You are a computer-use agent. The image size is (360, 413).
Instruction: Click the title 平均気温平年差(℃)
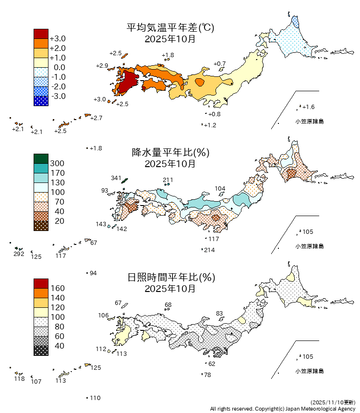tap(170, 28)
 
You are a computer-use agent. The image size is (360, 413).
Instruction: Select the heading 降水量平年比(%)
tap(170, 153)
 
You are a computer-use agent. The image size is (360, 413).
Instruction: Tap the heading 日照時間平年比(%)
tap(170, 277)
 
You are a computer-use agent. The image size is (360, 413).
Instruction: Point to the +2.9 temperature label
tap(102, 65)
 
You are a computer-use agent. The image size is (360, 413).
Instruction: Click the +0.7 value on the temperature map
tap(219, 64)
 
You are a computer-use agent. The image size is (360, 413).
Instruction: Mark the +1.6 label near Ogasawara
tap(308, 107)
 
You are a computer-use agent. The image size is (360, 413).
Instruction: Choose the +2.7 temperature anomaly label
tap(96, 118)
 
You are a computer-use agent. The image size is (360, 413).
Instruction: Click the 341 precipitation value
tap(116, 178)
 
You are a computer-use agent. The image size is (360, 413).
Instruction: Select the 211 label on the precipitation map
tap(168, 180)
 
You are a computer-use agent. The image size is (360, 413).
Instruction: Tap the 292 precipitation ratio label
tap(19, 254)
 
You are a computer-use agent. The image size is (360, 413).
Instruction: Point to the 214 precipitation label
tap(209, 250)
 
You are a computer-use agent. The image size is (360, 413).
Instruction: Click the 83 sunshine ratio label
tap(219, 314)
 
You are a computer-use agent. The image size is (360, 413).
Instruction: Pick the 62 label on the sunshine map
tap(212, 364)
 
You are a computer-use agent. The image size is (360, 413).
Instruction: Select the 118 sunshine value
tap(19, 379)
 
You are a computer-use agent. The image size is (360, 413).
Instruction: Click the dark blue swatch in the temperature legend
tap(41, 101)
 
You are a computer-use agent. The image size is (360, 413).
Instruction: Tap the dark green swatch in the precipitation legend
tap(41, 158)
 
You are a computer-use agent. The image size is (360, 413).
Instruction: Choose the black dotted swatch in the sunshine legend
tap(41, 351)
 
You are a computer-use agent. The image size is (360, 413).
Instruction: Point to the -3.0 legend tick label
tap(58, 96)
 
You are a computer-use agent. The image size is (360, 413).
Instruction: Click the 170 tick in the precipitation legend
tap(57, 173)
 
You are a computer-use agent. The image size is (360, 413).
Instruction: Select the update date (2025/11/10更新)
tap(333, 401)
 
